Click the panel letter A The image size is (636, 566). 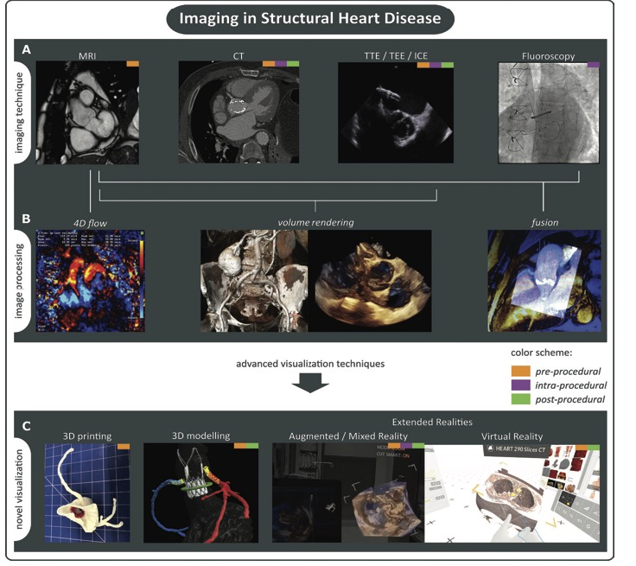(x=27, y=51)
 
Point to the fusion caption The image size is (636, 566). (x=544, y=222)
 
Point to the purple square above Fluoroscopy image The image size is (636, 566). (x=592, y=65)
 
